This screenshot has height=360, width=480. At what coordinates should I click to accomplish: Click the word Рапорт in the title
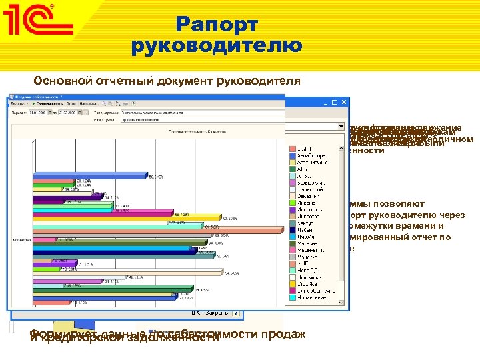217,25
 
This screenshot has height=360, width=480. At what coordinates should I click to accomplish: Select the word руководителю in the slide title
217,46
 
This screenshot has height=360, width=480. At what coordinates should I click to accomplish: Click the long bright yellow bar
127,218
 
